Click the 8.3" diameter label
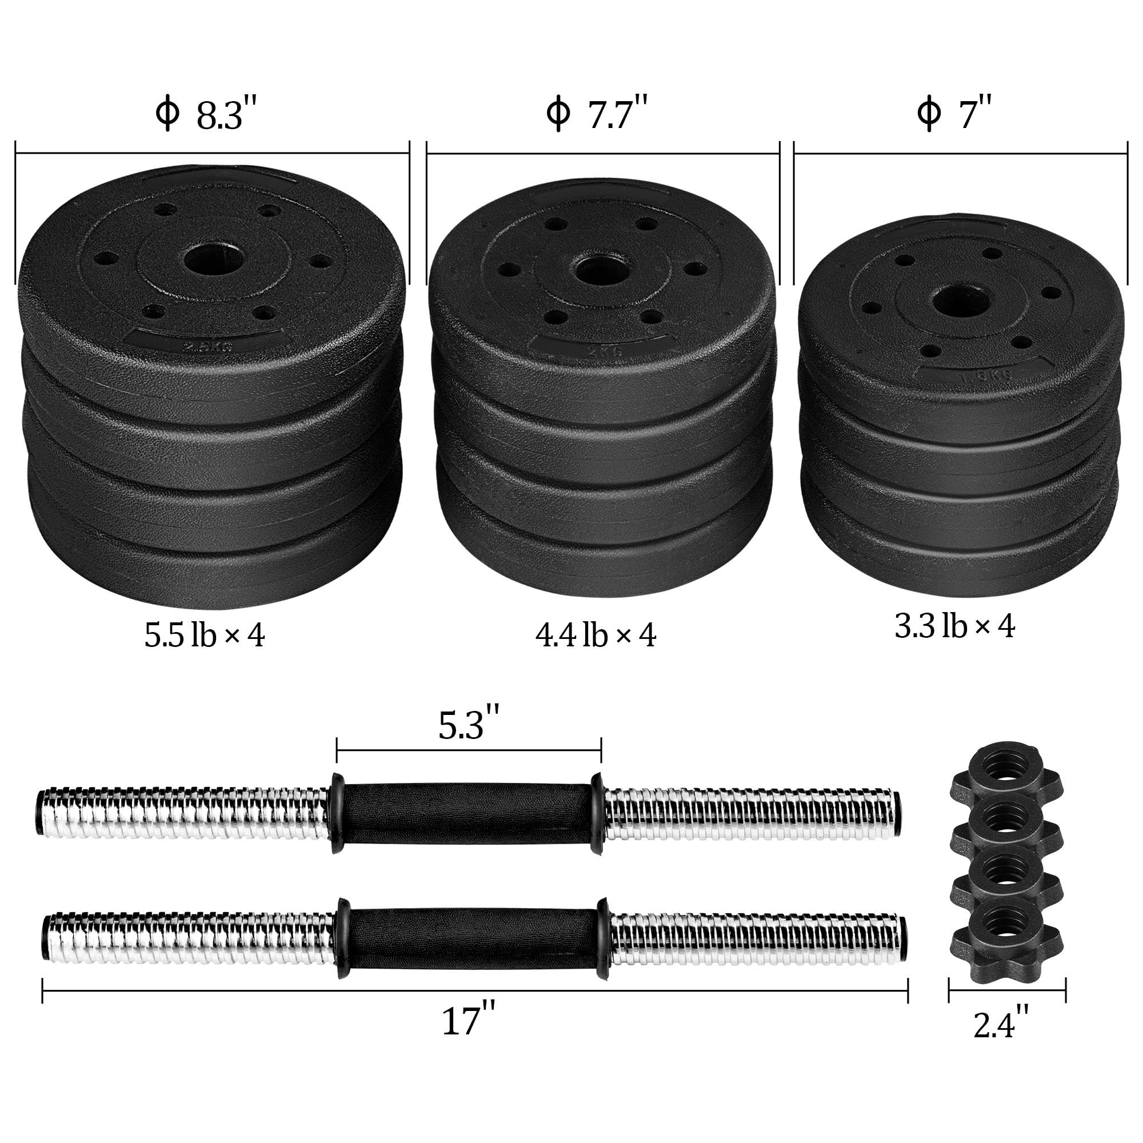pos(207,114)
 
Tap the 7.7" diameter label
pos(598,114)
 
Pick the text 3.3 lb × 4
pos(954,626)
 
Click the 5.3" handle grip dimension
pos(469,725)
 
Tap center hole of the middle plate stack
pos(599,271)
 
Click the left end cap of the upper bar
pos(39,810)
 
